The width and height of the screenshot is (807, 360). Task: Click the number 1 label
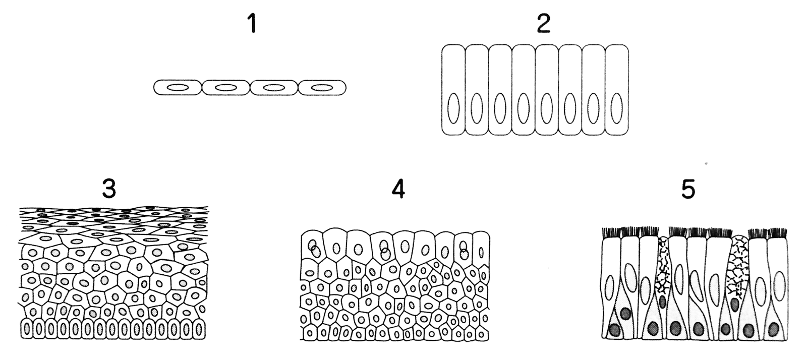tap(253, 24)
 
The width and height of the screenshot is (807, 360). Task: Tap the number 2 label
tap(543, 24)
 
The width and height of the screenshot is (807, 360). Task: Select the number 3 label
tap(109, 189)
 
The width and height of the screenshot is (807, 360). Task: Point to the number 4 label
tap(398, 189)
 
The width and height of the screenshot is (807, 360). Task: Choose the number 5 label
tap(688, 189)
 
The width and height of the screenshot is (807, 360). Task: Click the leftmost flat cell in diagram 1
tap(178, 88)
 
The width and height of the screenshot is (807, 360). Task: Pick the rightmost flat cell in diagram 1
tap(322, 88)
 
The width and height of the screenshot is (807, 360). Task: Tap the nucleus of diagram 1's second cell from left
tap(225, 88)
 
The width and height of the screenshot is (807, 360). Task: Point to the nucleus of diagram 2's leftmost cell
tap(453, 107)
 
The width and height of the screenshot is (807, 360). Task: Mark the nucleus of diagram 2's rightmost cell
tap(616, 107)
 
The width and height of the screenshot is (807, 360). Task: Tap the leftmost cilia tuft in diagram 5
tap(612, 232)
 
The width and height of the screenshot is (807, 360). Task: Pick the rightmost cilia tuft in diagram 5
tap(776, 232)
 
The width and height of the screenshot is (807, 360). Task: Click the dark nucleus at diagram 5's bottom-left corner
tap(614, 330)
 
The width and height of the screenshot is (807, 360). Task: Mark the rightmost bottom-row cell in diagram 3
tap(200, 330)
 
